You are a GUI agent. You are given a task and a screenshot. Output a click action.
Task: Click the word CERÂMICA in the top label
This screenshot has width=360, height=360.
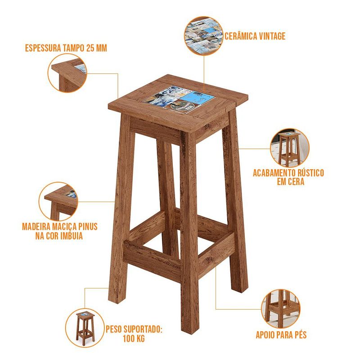(241, 36)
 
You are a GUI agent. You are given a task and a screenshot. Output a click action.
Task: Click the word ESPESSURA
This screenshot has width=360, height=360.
(43, 48)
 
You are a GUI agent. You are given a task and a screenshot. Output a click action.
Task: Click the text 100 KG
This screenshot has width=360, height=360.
(134, 339)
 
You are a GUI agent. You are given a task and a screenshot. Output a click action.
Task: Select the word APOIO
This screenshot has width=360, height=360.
(265, 335)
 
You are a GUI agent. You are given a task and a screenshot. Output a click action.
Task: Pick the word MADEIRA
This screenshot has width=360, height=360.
(36, 227)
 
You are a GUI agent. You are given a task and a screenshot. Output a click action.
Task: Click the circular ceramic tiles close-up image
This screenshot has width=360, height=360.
(203, 36)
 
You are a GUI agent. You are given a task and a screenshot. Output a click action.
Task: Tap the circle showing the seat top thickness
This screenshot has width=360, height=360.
(67, 73)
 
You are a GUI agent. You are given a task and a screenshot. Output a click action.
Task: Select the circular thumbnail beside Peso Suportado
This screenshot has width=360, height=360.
(85, 328)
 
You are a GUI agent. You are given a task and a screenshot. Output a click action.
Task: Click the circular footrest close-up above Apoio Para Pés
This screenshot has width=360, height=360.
(280, 309)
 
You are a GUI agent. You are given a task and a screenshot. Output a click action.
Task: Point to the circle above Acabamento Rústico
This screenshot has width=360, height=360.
(290, 148)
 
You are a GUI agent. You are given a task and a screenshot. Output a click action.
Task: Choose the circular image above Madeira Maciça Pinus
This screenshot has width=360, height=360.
(58, 202)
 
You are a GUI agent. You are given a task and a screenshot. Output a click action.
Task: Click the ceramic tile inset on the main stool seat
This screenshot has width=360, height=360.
(179, 99)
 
